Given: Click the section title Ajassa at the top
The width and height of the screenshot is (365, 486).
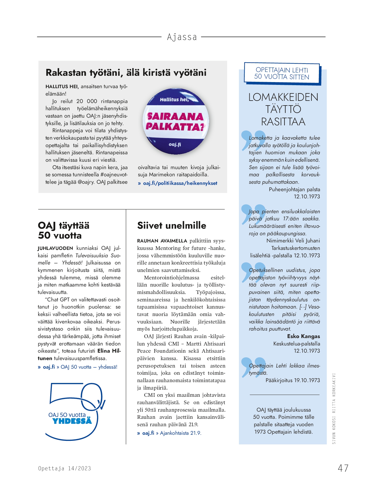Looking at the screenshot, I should (182, 37).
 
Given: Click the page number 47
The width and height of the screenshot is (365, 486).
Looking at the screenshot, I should (343, 468).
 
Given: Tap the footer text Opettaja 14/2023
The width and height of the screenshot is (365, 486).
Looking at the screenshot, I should (65, 468).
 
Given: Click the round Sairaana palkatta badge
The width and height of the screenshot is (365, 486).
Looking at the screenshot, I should (176, 121).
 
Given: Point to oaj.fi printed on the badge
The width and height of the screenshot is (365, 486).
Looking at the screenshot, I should (175, 144).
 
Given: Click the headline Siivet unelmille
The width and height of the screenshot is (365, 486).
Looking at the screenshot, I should (172, 225).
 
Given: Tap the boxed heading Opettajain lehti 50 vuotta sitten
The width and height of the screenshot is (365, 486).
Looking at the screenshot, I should (281, 74).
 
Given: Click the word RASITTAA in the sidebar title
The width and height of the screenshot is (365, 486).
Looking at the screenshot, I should (283, 121).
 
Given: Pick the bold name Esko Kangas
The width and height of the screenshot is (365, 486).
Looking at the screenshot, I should (303, 336).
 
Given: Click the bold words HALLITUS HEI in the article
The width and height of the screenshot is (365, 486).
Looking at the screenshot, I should (62, 87).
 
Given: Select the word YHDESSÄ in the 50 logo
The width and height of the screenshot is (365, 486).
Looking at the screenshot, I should (72, 421).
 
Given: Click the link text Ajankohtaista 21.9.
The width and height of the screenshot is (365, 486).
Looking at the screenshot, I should (180, 433).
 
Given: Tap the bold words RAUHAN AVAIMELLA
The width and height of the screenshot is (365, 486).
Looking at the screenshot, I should (162, 241).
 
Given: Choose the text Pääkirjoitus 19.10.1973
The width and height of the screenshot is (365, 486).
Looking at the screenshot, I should (292, 380).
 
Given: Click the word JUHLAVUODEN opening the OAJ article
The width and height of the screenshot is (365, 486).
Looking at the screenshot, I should (55, 248).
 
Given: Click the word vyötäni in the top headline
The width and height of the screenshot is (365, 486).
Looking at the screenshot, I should (190, 72).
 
